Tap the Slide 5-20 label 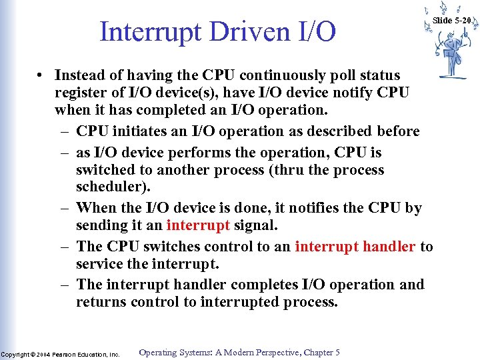coord(452,21)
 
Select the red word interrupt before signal coord(198,225)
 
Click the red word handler coord(389,247)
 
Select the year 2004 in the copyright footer coord(43,355)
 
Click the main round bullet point coord(41,75)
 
